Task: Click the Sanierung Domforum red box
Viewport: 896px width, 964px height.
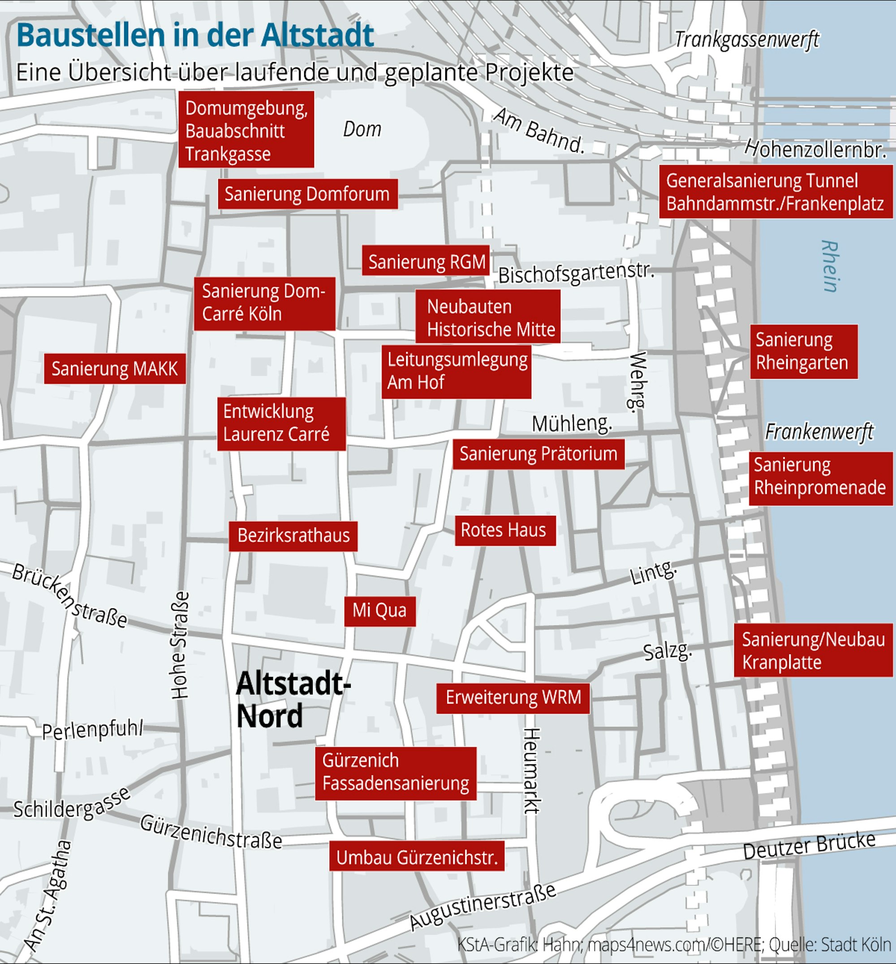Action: [x=307, y=194]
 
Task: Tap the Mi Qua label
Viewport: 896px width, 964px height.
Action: [x=379, y=611]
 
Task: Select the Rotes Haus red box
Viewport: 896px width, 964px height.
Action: [x=505, y=531]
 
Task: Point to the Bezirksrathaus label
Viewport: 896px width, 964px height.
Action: [x=293, y=536]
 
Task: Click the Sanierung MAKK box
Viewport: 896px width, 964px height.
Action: [x=115, y=369]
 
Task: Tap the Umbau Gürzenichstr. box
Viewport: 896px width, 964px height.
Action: [x=417, y=858]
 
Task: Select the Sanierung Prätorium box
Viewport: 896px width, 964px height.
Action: [x=538, y=454]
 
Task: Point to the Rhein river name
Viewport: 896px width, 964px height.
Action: [x=830, y=266]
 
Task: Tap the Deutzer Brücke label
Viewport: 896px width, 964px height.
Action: [x=809, y=846]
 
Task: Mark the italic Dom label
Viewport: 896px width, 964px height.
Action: [x=362, y=129]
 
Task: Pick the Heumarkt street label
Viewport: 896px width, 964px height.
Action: [x=531, y=771]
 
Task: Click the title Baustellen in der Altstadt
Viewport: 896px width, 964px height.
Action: [x=195, y=35]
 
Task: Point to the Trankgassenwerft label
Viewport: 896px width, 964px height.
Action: [x=746, y=40]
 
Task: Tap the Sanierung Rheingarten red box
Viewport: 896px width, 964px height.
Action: [x=803, y=352]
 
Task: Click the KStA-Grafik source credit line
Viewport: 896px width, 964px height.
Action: [x=674, y=945]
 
